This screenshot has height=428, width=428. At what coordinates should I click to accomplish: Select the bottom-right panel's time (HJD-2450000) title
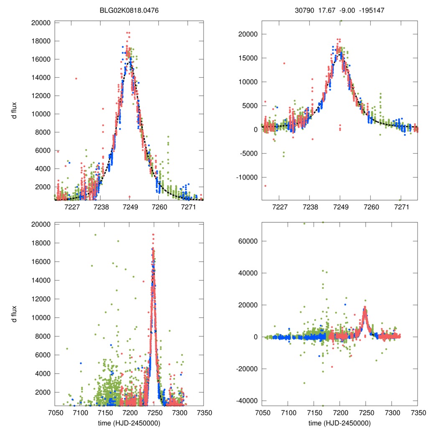coord(339,423)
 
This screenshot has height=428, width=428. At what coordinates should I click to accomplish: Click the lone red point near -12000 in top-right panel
coord(265,186)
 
